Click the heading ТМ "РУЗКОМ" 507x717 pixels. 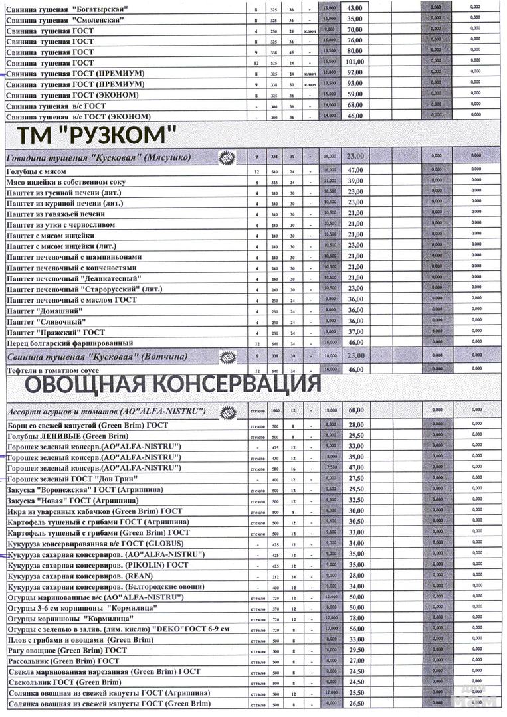click(96, 137)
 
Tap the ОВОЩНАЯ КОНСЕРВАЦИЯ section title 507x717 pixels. click(173, 384)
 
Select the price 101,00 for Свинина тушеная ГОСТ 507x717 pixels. click(355, 62)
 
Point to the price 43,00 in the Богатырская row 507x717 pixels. click(355, 8)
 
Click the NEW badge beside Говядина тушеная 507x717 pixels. click(227, 157)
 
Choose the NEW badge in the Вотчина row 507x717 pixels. click(227, 357)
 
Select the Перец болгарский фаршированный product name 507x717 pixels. click(70, 343)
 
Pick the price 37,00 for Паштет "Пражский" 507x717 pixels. click(355, 332)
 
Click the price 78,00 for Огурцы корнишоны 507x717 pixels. click(356, 618)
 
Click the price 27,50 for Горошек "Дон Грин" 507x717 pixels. click(356, 478)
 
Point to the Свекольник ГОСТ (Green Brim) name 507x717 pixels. click(64, 682)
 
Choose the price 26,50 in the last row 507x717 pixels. click(356, 704)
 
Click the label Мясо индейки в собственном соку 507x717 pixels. click(66, 182)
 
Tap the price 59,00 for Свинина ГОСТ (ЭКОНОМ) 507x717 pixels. click(355, 94)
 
